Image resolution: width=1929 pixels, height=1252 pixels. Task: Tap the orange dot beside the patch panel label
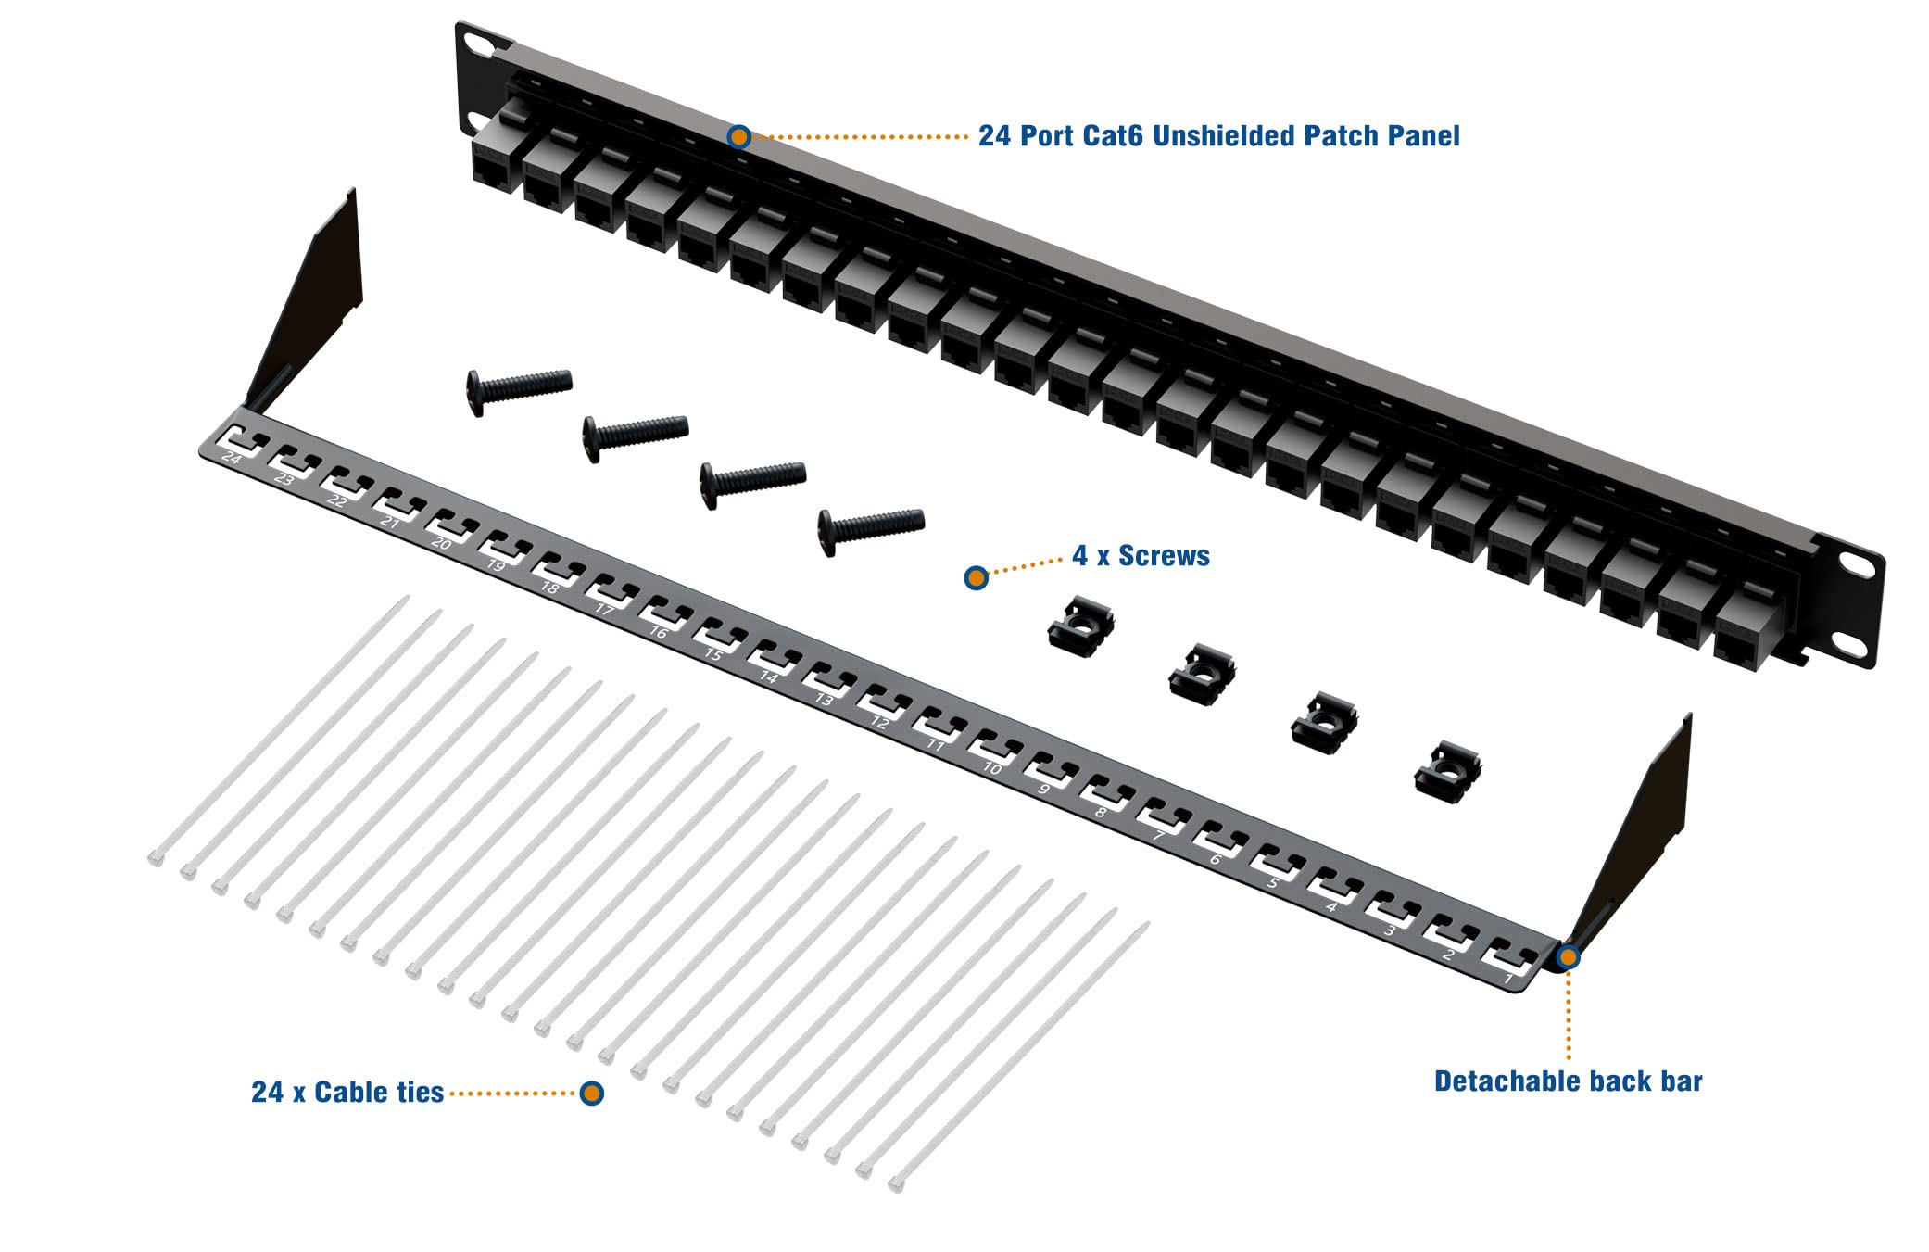(738, 137)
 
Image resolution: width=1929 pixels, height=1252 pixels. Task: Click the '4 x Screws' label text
(1141, 556)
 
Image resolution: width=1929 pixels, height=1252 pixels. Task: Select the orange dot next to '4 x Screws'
(975, 578)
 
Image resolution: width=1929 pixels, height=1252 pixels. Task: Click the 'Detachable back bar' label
(1568, 1081)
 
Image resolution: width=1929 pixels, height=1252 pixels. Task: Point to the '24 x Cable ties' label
(347, 1093)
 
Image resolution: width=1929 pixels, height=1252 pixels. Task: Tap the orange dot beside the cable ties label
(592, 1094)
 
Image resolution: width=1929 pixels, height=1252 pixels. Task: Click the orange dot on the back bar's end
(1568, 956)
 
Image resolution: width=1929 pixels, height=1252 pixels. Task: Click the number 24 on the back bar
(232, 459)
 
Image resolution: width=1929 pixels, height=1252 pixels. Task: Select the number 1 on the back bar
(1507, 978)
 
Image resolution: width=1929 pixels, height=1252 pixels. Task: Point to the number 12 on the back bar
(880, 723)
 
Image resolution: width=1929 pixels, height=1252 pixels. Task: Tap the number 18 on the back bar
(549, 588)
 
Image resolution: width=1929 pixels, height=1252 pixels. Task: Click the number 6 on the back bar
(1216, 860)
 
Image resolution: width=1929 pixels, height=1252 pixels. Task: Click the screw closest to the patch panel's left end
(519, 390)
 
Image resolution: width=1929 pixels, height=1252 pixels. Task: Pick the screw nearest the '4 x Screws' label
(870, 529)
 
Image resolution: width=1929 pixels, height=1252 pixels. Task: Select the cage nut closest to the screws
(1080, 624)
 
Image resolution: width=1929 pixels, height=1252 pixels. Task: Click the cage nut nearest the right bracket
(1447, 770)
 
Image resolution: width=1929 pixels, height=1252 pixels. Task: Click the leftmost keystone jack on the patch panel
(498, 158)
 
